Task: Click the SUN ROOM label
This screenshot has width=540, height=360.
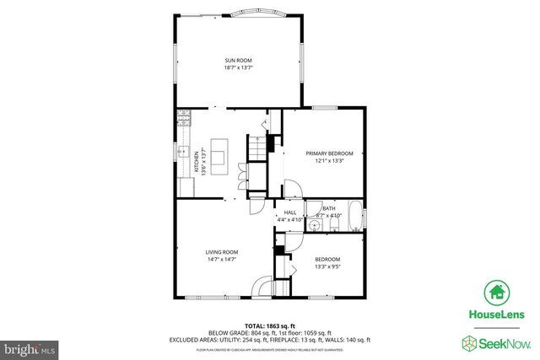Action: pyautogui.click(x=238, y=60)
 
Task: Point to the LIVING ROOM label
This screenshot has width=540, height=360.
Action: pyautogui.click(x=222, y=252)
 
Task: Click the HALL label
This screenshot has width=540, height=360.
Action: pyautogui.click(x=290, y=212)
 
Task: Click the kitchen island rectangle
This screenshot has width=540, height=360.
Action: pyautogui.click(x=219, y=155)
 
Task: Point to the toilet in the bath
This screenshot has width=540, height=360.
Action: pyautogui.click(x=332, y=224)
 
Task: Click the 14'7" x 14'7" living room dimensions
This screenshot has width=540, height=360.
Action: pyautogui.click(x=222, y=260)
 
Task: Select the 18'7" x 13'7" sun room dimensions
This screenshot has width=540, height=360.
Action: pyautogui.click(x=238, y=67)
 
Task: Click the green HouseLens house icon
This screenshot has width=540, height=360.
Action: pyautogui.click(x=495, y=293)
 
